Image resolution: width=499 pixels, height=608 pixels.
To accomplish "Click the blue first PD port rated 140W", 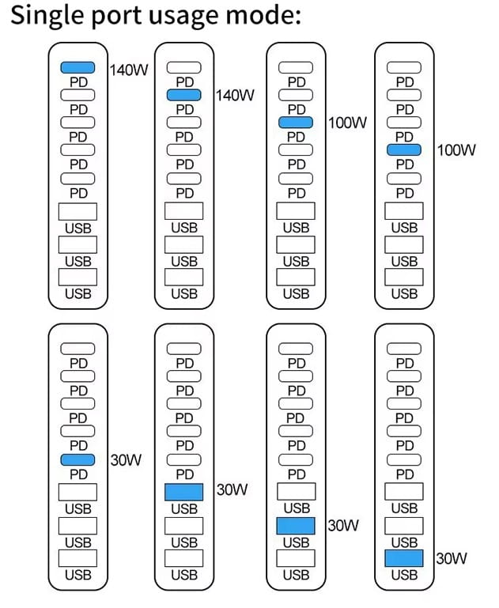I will (77, 68).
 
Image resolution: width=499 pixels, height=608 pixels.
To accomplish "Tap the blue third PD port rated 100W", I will (297, 123).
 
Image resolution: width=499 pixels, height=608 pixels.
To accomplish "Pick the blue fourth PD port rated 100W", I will (404, 149).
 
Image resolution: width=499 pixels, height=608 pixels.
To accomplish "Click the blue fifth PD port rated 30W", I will (77, 460).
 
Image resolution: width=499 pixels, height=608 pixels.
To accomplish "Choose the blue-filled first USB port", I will (184, 492).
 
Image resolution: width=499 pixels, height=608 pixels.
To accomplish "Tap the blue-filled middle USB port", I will (297, 526).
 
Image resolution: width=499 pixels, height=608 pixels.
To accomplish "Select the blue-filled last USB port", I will (404, 558).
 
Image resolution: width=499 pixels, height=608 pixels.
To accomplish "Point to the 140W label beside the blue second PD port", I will (235, 96).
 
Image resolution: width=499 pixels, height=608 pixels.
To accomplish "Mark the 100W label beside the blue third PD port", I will (347, 123).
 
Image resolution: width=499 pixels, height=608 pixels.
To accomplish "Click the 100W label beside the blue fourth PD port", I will (456, 149).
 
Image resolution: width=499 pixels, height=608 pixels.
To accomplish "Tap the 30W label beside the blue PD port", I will (125, 460).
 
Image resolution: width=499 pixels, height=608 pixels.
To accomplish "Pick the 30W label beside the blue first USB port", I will (232, 490).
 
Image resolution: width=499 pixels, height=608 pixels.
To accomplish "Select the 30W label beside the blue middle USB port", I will (343, 525).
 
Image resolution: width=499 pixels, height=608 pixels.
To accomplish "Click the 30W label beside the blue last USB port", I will (452, 559).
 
